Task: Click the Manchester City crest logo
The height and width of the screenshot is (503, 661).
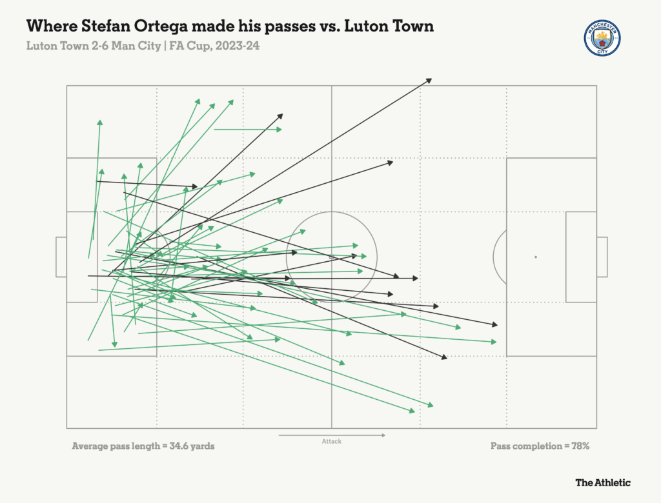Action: (602, 38)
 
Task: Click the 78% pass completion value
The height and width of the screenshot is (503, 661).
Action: (578, 446)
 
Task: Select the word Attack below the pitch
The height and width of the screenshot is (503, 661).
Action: (331, 442)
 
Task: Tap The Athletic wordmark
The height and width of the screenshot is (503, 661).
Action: (603, 482)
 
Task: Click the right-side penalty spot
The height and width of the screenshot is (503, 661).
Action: (535, 257)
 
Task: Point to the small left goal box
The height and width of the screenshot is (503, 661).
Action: (61, 257)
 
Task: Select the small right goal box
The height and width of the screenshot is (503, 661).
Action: (602, 257)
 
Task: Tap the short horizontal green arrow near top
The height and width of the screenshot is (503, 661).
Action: (248, 130)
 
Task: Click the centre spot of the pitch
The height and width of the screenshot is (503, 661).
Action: (331, 257)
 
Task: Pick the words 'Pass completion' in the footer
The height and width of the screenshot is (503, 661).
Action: (523, 446)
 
